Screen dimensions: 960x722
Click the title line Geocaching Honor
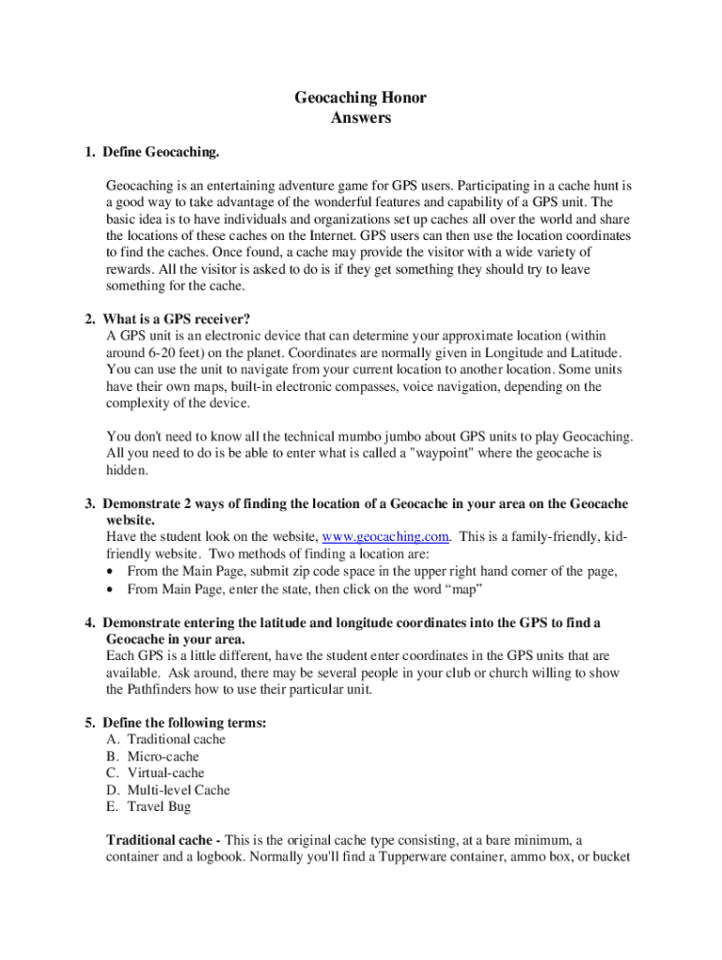[x=361, y=97]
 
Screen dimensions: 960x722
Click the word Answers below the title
[x=361, y=118]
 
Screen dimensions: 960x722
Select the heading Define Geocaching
[x=161, y=152]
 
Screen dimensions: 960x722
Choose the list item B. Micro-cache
[x=153, y=757]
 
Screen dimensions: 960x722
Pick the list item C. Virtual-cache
[x=156, y=773]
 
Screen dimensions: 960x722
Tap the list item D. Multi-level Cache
[x=168, y=790]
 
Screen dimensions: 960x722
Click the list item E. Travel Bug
[x=149, y=807]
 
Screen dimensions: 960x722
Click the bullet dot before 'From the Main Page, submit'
[x=113, y=571]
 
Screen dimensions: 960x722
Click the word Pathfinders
[x=162, y=689]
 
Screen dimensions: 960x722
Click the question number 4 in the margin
[x=89, y=622]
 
